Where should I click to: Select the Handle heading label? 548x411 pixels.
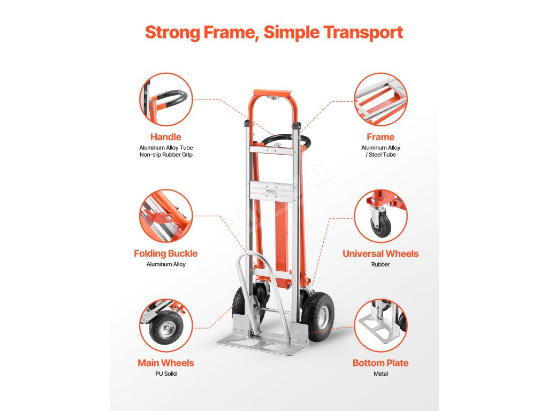165,137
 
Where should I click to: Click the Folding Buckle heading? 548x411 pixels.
165,254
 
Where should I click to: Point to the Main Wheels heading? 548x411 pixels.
165,363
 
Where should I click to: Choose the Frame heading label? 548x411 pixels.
380,137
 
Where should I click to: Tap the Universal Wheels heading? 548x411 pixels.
380,254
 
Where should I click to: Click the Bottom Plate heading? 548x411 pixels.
380,363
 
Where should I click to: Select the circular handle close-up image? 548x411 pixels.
166,100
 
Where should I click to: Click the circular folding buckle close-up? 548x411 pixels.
166,216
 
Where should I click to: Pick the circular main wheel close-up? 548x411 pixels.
166,325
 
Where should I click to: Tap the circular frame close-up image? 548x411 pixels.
380,100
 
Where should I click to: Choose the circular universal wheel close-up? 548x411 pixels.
380,216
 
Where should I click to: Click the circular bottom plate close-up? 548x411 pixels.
380,325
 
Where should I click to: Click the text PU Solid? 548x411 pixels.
165,374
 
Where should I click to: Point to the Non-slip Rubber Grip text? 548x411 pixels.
165,155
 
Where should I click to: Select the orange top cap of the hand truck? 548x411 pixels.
273,94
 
